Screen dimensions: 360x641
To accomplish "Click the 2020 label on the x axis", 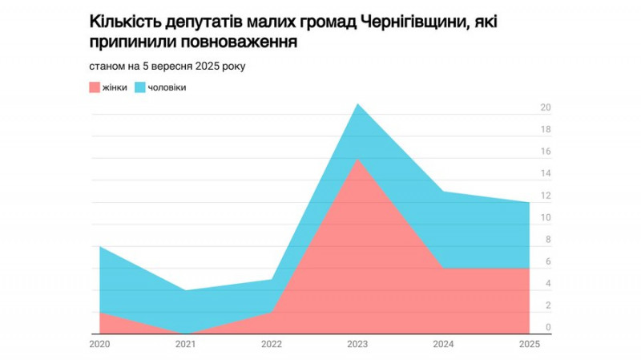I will [100, 344].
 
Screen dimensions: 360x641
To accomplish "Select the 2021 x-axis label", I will [186, 344].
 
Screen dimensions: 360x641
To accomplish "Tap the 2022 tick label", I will [272, 344].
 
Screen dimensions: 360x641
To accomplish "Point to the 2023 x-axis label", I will [357, 344].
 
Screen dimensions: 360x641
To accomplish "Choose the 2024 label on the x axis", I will [443, 344].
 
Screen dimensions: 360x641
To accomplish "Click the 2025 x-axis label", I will [529, 344].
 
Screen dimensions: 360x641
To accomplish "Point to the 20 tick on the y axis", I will [546, 108].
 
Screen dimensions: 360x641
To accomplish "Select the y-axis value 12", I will [546, 196].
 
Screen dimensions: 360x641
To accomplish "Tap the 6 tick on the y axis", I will [547, 262].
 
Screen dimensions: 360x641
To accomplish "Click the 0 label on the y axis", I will [547, 328].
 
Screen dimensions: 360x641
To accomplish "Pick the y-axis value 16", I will [546, 152].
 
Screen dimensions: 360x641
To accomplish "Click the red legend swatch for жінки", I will [94, 87].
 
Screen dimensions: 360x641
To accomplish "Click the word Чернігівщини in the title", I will [411, 22].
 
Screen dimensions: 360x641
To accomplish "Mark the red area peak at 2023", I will [357, 160].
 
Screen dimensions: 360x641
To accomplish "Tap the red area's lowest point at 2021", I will [186, 333].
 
